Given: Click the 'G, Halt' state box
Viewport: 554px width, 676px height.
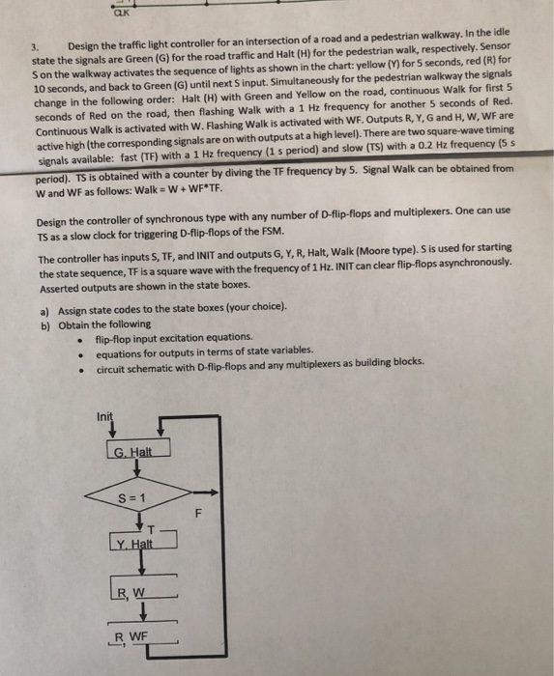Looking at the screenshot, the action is point(133,452).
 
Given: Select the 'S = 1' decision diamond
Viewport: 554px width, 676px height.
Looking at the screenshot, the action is point(133,498).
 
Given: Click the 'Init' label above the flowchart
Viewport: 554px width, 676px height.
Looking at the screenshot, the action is point(104,416).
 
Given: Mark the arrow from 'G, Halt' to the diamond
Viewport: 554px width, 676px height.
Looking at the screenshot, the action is point(132,471).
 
